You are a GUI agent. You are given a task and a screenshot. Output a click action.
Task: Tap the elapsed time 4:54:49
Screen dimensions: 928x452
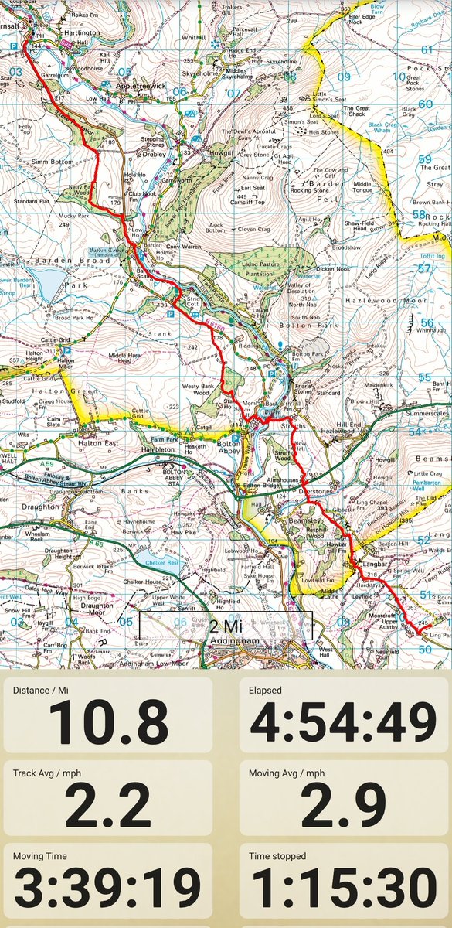[342, 722]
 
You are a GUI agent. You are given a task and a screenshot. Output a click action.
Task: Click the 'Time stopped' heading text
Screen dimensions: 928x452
[277, 855]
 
